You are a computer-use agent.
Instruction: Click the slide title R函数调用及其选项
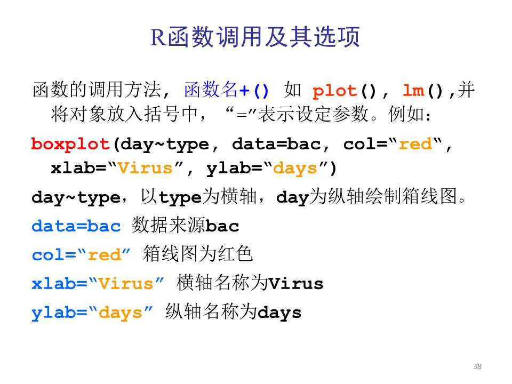coord(255,37)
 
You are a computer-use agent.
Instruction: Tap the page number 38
coord(477,366)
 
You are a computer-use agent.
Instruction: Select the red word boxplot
coord(70,144)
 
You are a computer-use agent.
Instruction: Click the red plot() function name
coord(335,91)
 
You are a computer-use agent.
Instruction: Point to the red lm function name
coord(414,90)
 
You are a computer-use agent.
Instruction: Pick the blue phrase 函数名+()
coord(227,90)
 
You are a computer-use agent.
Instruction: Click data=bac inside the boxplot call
coord(276,144)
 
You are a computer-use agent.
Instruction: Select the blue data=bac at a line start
coord(76,226)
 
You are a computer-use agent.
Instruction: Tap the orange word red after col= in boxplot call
coord(415,144)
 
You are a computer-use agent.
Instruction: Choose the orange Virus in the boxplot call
coord(145,168)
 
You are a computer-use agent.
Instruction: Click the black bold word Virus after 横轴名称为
coord(296,283)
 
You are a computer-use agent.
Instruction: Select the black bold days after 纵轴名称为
coord(279,313)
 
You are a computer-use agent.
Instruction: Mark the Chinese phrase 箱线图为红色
coord(198,254)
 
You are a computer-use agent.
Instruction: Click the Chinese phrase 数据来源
coord(169,225)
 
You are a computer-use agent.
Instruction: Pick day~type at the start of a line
coord(76,198)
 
